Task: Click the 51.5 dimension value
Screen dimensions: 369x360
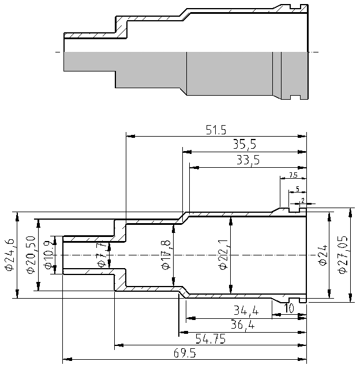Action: (x=215, y=130)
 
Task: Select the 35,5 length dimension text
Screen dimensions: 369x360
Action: (x=245, y=145)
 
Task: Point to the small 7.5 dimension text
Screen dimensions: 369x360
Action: (x=292, y=175)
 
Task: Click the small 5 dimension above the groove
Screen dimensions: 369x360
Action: (x=297, y=189)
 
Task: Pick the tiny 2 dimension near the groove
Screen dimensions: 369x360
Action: (x=302, y=201)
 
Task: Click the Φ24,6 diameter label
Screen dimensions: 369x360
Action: (x=9, y=255)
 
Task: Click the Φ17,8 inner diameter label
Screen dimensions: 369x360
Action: (x=167, y=255)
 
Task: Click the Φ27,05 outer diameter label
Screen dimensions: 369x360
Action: (x=344, y=255)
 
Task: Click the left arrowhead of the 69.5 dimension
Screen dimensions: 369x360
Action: (x=66, y=360)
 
